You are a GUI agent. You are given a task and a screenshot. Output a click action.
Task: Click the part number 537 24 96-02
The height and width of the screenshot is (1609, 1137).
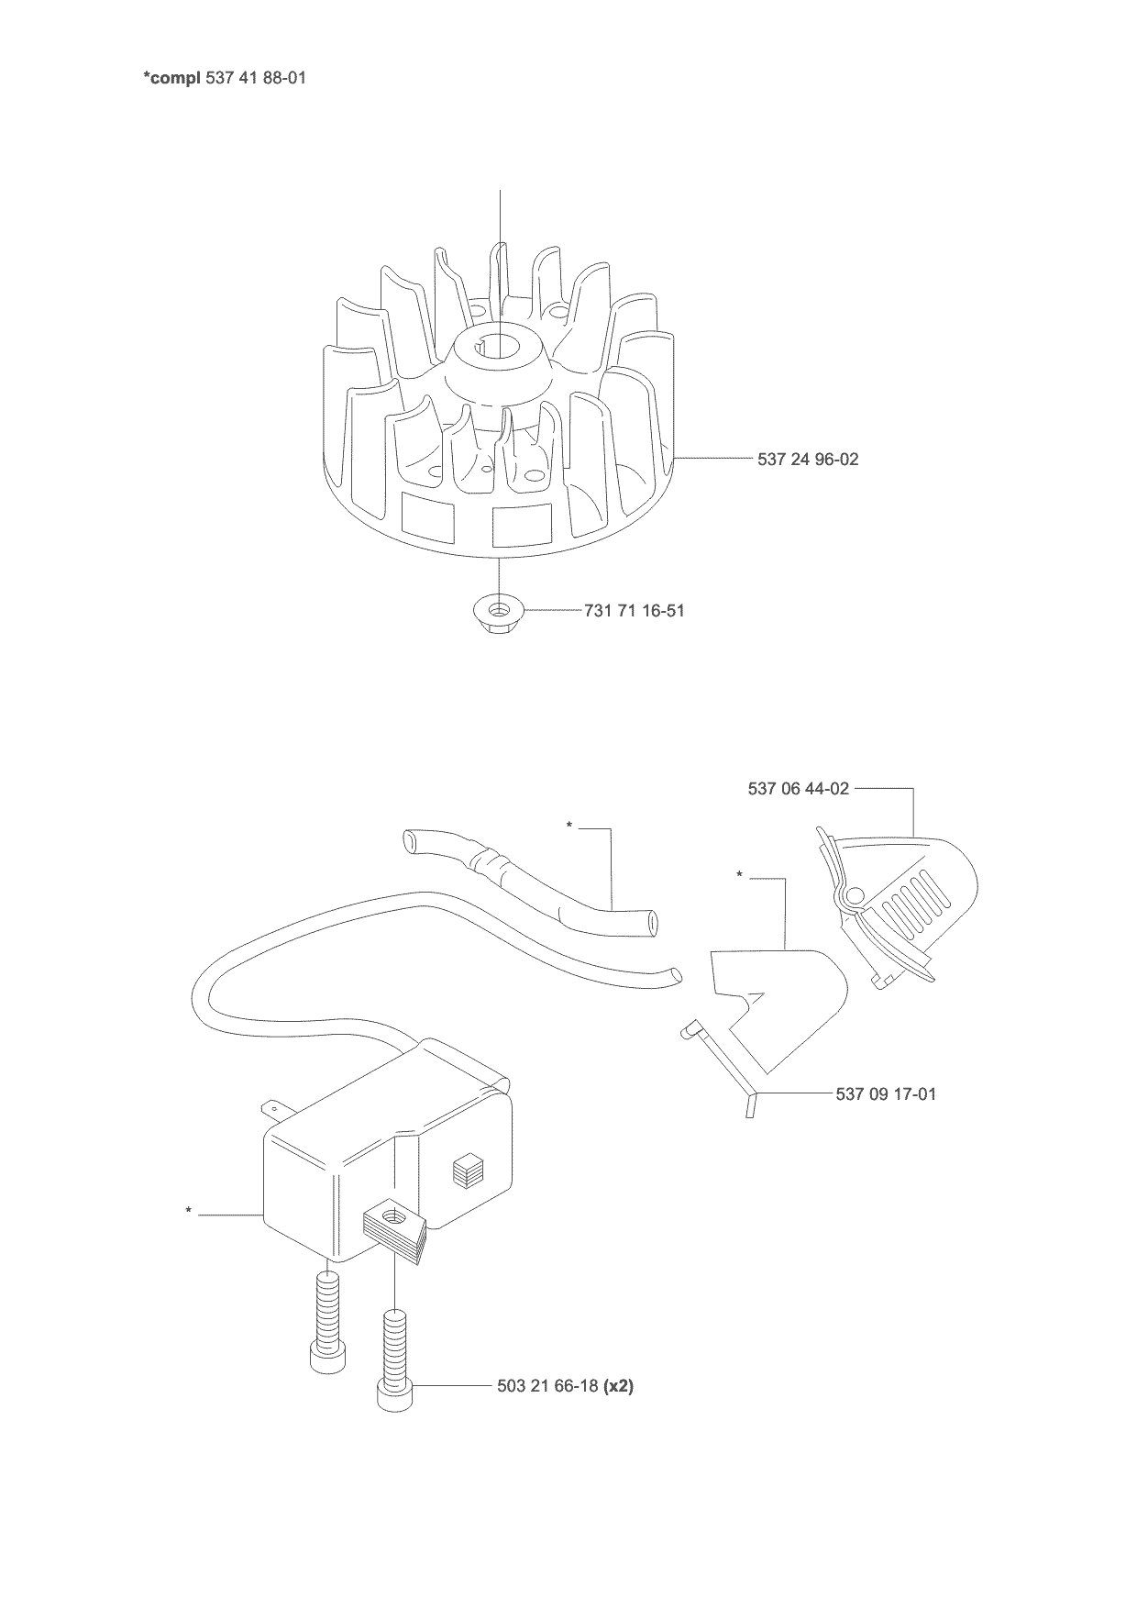[x=808, y=459]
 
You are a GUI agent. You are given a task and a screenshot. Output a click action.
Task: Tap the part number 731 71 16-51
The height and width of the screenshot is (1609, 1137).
[x=635, y=610]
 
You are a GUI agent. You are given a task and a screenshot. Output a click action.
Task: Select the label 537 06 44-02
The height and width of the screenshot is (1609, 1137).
[x=799, y=788]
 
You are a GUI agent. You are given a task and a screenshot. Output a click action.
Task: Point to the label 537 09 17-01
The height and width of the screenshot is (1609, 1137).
[x=887, y=1093]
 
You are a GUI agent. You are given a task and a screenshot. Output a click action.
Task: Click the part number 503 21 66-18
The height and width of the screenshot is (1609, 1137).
[x=547, y=1412]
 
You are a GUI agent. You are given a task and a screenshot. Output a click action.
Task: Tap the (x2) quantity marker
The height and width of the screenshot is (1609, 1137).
[x=618, y=1412]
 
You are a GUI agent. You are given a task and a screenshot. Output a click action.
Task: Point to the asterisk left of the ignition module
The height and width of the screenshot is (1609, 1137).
[x=188, y=1212]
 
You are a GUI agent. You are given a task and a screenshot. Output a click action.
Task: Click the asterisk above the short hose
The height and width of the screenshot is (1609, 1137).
[x=569, y=826]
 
